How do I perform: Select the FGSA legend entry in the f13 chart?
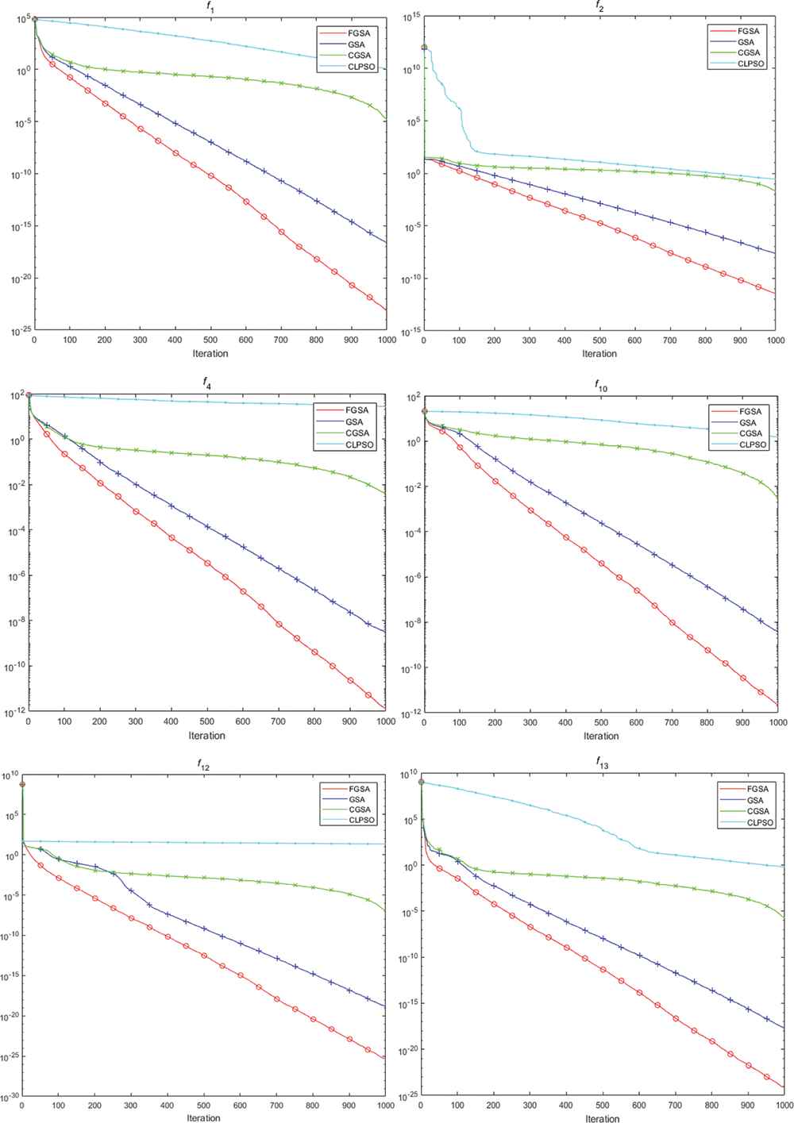(x=754, y=789)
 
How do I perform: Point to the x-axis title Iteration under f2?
(x=599, y=353)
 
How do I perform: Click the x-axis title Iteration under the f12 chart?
(x=203, y=1117)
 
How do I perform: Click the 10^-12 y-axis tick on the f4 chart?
(x=14, y=711)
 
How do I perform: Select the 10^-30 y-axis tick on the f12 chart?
(x=10, y=1098)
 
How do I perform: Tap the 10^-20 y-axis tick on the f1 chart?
(x=17, y=279)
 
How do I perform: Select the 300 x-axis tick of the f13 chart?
(x=530, y=1107)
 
